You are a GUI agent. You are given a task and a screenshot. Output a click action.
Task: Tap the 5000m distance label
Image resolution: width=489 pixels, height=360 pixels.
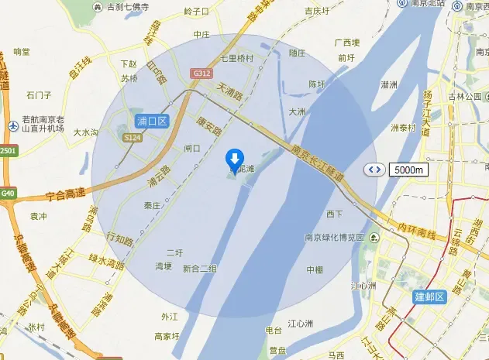tap(408, 170)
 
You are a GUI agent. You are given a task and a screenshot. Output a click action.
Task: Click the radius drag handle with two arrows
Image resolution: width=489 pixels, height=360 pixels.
tap(374, 170)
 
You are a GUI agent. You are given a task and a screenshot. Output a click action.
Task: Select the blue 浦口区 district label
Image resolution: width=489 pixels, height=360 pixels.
tap(152, 122)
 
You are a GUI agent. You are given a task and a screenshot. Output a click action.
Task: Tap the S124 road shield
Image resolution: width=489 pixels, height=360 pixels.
tap(133, 138)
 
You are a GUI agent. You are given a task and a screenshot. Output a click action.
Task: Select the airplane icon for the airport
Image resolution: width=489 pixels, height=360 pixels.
tap(13, 125)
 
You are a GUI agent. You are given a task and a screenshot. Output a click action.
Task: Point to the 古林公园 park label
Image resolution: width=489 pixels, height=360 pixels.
tap(464, 97)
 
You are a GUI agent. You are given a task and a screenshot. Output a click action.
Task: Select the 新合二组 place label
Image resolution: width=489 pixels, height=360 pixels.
tap(200, 268)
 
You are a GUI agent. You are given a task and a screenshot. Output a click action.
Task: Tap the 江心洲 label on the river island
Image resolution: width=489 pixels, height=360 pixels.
tap(300, 323)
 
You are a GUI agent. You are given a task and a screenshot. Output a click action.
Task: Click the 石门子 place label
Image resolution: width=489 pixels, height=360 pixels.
tap(38, 95)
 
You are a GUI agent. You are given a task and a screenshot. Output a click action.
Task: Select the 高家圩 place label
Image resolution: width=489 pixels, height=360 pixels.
tap(167, 336)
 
